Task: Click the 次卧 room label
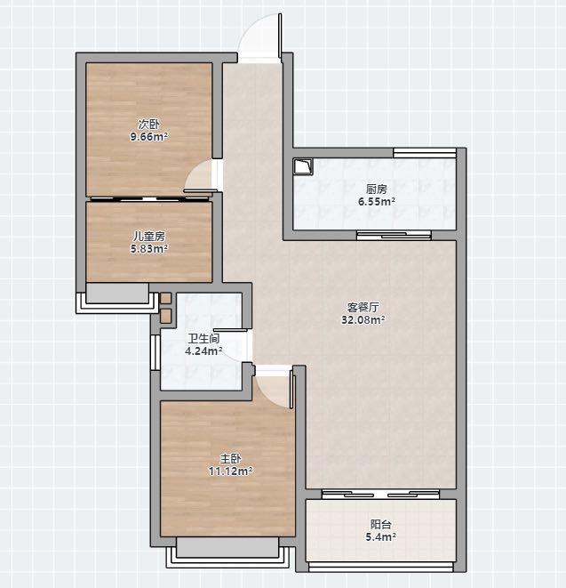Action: (x=148, y=125)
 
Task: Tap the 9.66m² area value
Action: (x=148, y=136)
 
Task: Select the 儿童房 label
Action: (x=149, y=237)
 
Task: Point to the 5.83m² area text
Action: (x=149, y=248)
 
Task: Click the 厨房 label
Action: (x=377, y=189)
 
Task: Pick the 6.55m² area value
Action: (x=377, y=202)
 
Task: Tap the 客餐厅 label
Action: (x=363, y=308)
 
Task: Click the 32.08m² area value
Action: (x=363, y=320)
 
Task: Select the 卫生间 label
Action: (x=203, y=339)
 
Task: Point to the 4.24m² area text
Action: (x=203, y=351)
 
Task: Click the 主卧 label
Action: (x=230, y=458)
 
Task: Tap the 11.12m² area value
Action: (x=230, y=471)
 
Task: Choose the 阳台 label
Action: (x=381, y=524)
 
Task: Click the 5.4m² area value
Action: (x=381, y=537)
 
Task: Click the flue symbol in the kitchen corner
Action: (x=303, y=167)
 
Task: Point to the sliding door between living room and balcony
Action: (x=380, y=494)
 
